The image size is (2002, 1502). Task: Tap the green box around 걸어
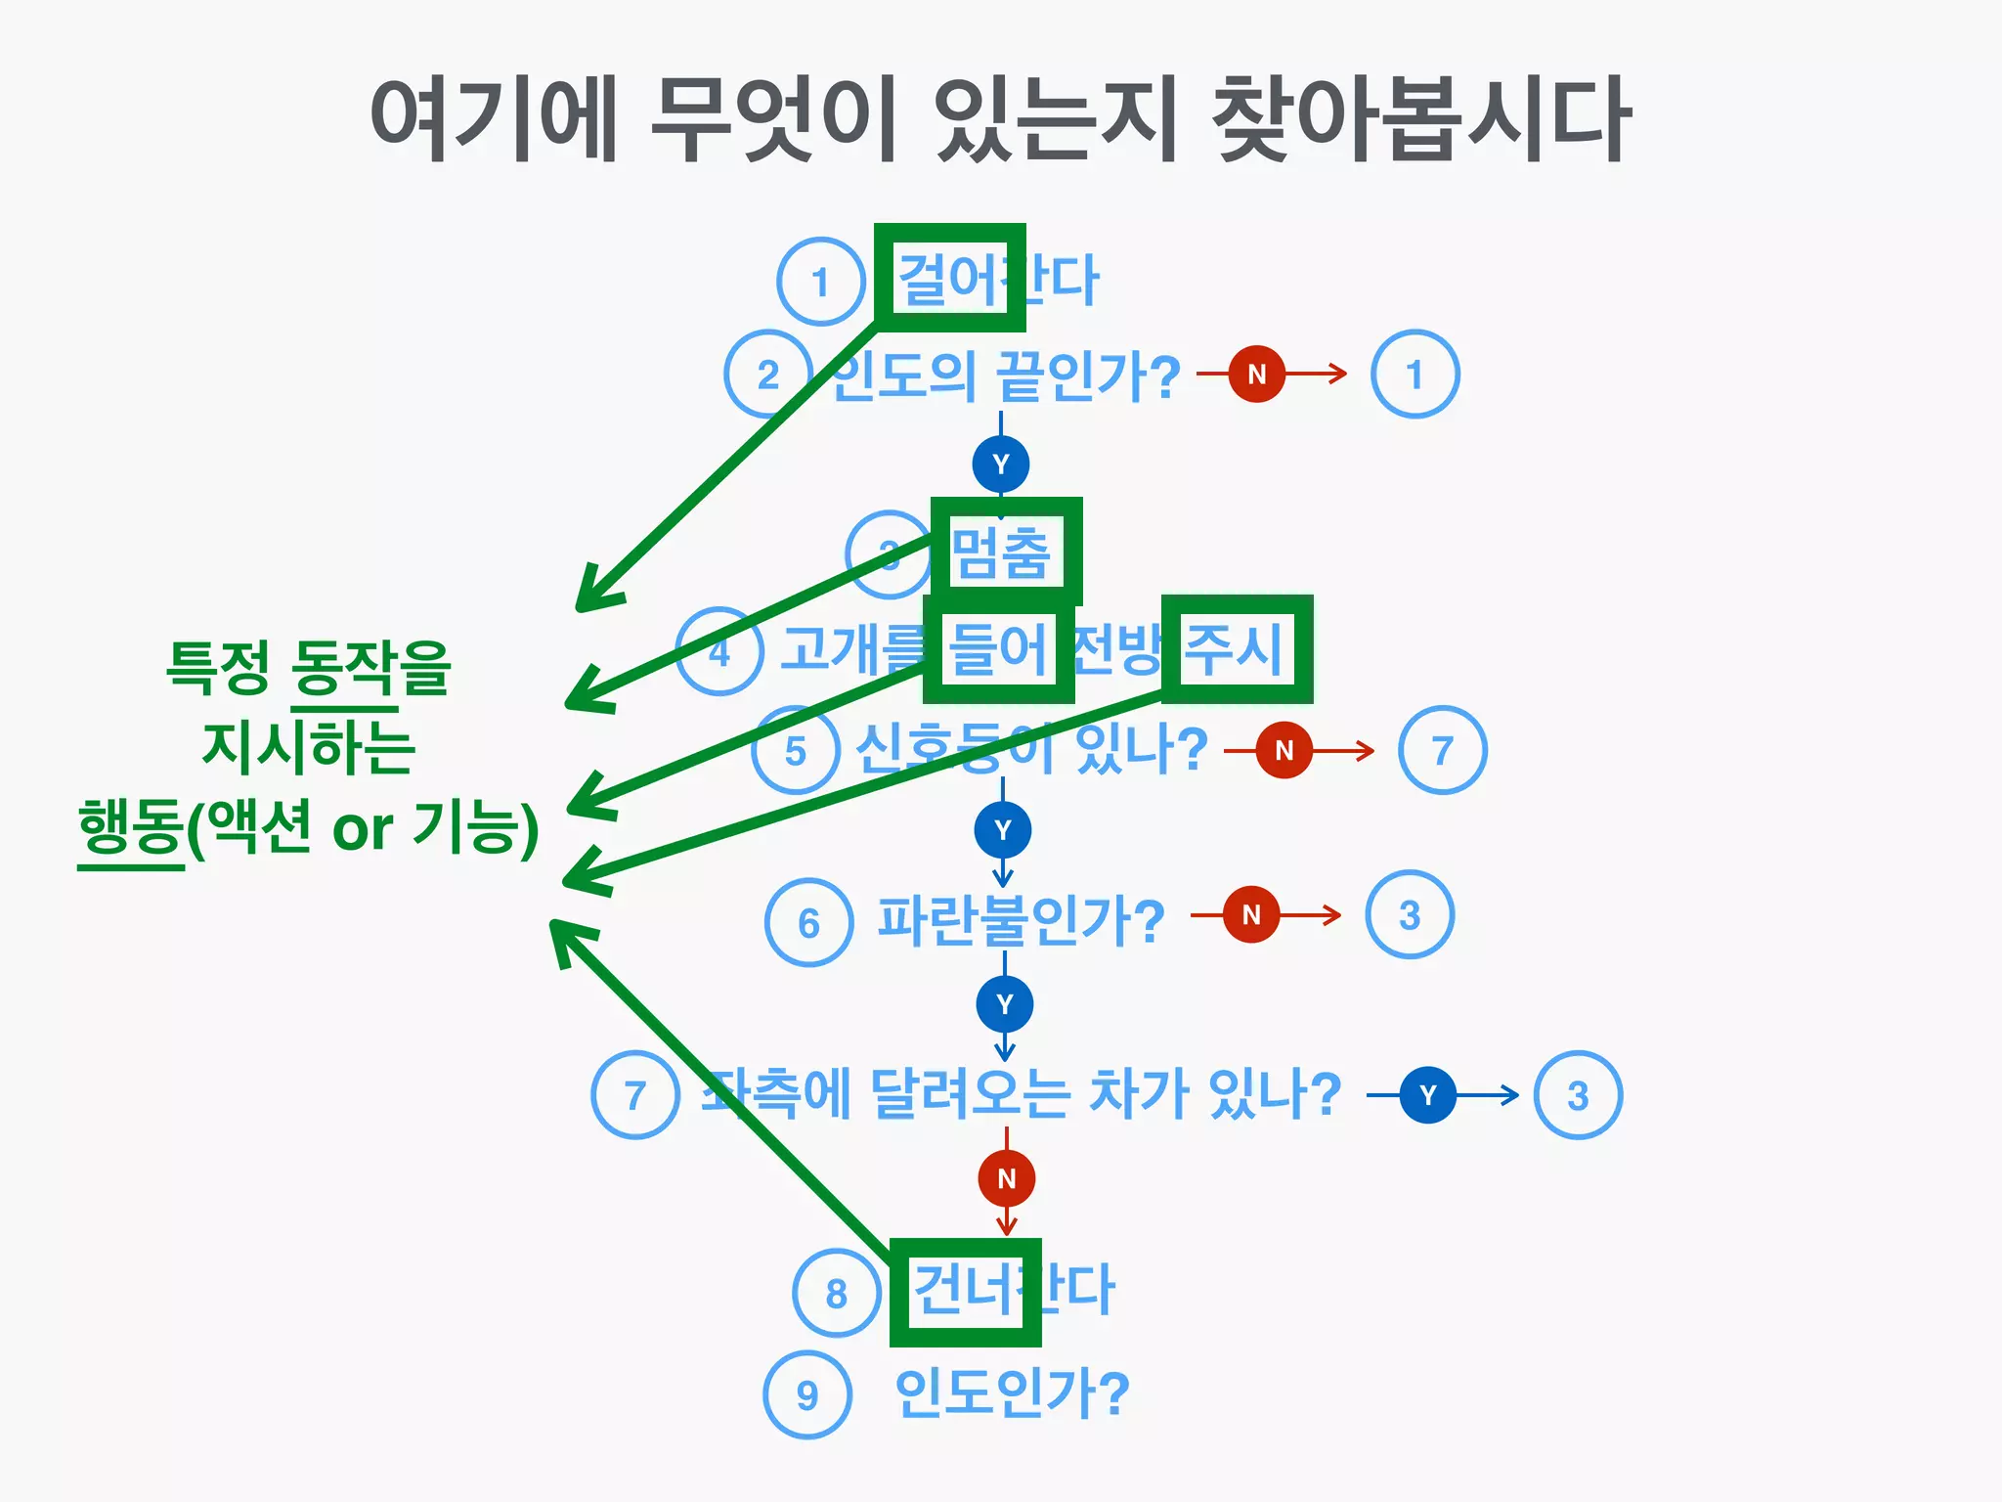click(949, 278)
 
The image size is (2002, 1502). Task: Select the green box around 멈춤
click(1006, 552)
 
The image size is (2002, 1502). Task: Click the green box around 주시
click(1237, 649)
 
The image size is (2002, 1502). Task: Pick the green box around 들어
click(998, 649)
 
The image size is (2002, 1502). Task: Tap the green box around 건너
click(965, 1292)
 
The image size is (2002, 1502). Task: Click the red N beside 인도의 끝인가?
click(1256, 374)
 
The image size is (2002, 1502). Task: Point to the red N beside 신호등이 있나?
click(1284, 750)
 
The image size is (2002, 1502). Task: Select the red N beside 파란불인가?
click(1250, 914)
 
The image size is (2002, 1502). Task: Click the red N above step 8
click(1006, 1178)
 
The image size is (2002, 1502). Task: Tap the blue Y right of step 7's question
click(1427, 1095)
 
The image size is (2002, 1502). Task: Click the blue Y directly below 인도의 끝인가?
click(1000, 464)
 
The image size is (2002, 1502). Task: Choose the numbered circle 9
click(807, 1394)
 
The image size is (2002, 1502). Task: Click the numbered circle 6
click(808, 923)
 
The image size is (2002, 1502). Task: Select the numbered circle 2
click(768, 375)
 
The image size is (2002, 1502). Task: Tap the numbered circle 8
click(836, 1293)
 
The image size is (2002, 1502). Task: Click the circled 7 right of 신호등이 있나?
click(1442, 750)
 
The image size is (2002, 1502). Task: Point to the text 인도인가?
click(1012, 1392)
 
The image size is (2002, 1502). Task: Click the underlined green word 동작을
click(370, 669)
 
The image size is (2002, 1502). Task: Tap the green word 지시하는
click(308, 747)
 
